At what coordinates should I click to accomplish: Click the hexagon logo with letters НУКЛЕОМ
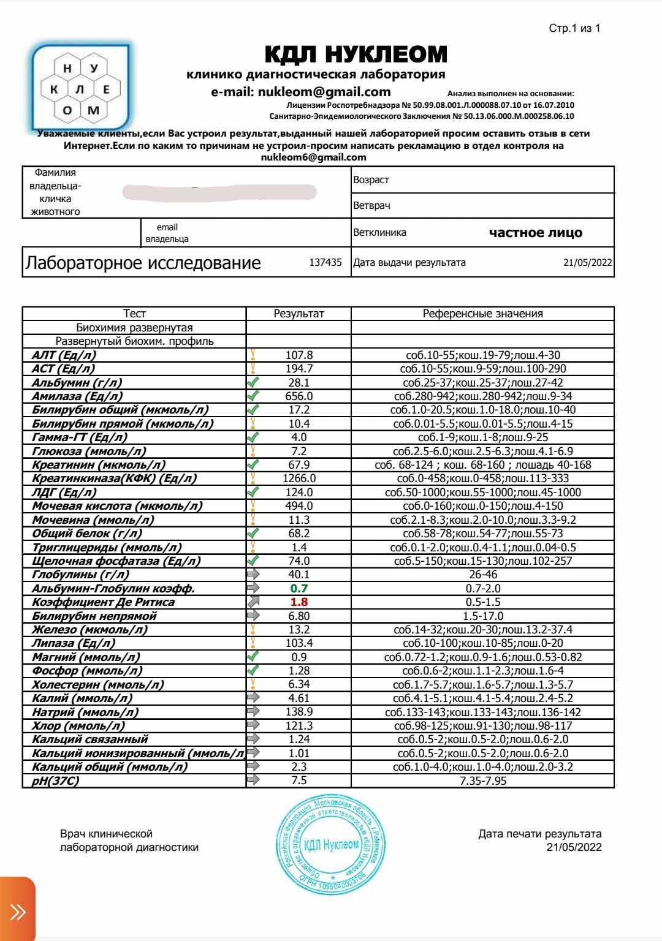[82, 83]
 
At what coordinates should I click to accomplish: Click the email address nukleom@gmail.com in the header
[300, 92]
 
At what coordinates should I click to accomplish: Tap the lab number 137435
[325, 263]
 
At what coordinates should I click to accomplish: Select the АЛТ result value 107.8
[299, 355]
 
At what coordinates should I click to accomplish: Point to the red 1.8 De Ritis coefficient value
[298, 602]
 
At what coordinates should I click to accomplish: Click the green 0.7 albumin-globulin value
[299, 589]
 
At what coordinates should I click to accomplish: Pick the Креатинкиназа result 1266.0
[299, 478]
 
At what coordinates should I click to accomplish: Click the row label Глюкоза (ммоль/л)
[89, 452]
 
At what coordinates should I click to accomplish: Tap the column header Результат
[299, 314]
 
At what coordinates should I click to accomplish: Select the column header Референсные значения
[483, 314]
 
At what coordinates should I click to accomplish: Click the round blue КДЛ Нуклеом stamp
[331, 845]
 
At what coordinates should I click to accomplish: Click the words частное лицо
[536, 233]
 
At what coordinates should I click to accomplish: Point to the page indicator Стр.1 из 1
[574, 29]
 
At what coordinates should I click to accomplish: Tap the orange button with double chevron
[18, 912]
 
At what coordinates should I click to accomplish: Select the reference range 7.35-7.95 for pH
[483, 781]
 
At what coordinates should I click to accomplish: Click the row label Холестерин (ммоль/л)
[98, 685]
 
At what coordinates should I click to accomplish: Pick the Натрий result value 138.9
[299, 712]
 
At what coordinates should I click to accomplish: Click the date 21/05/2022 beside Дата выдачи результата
[587, 263]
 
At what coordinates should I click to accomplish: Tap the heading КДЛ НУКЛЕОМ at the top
[356, 55]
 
